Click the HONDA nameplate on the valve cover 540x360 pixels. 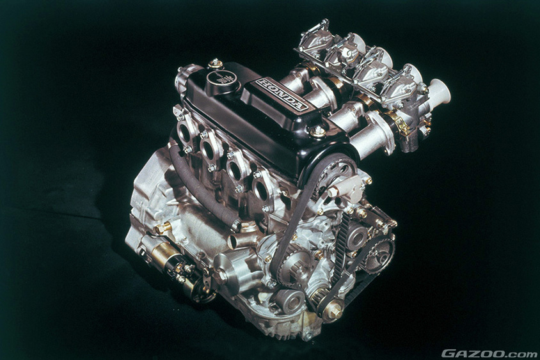click(282, 94)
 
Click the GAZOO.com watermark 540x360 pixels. click(488, 354)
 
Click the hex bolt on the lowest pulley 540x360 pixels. click(334, 312)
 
